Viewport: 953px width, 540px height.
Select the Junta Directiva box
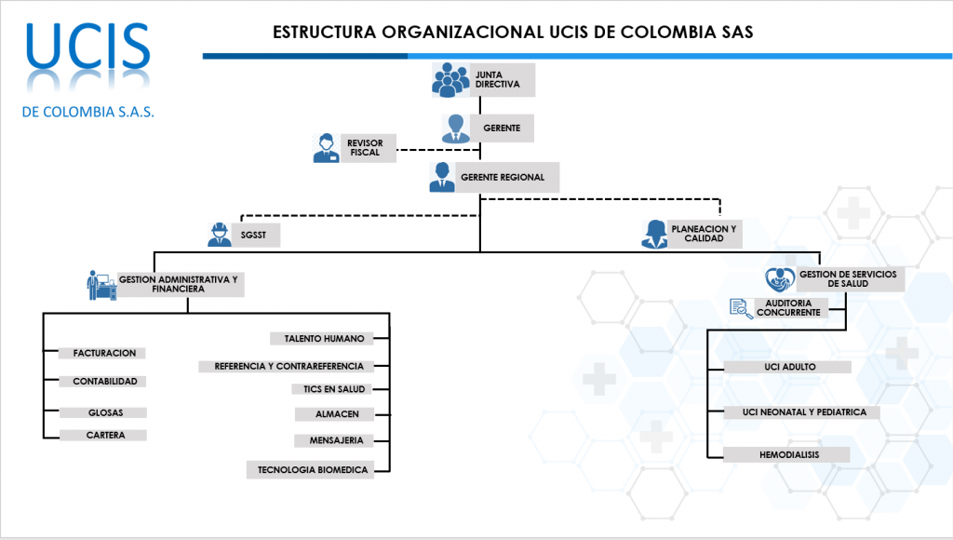coord(503,78)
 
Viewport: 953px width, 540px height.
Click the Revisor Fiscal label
coord(365,147)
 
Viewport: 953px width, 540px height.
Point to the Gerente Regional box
coord(503,176)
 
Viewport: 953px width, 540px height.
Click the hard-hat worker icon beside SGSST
coord(220,235)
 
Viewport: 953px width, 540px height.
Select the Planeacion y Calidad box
coord(705,234)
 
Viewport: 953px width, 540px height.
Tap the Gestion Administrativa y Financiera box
coord(178,284)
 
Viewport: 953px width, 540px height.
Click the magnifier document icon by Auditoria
coord(741,308)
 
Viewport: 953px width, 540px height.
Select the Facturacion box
coord(104,353)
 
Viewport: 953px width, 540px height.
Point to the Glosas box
coord(104,412)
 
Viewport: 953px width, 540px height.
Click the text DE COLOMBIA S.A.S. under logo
coord(88,112)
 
